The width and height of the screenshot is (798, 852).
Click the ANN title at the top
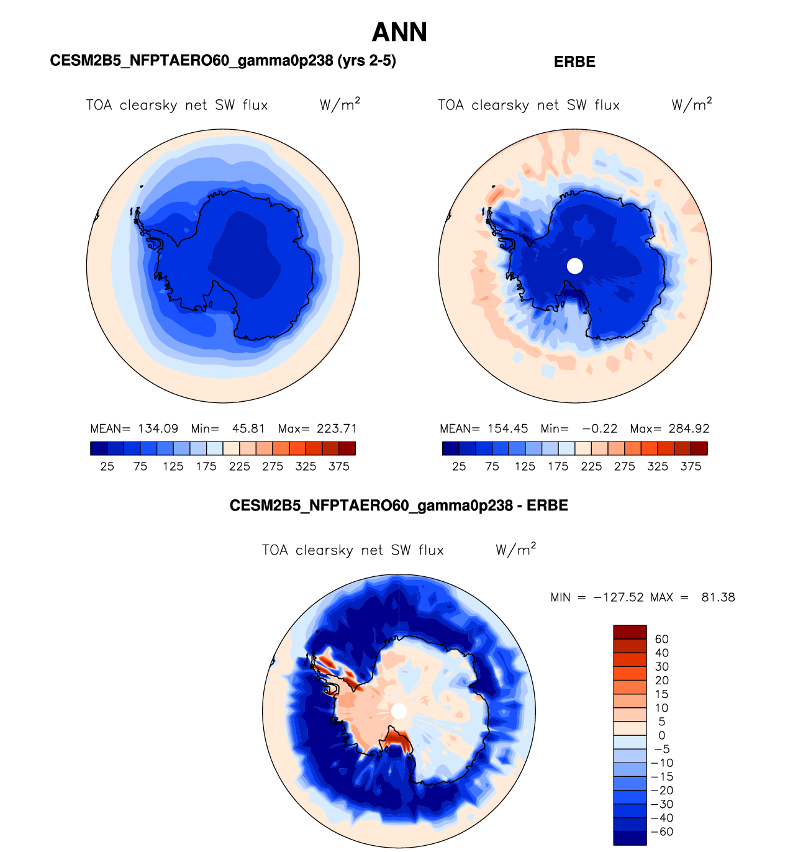(x=399, y=32)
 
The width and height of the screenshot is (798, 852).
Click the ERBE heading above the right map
(x=574, y=62)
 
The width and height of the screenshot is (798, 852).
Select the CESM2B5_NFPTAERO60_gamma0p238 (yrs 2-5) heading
(x=223, y=61)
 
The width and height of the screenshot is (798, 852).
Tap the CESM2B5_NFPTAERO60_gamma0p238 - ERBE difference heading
(x=399, y=505)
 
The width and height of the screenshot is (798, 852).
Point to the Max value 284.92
(x=689, y=428)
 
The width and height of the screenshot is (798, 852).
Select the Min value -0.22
(x=600, y=428)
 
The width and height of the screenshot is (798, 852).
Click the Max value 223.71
(x=337, y=428)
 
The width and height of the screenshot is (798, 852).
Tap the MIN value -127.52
(x=619, y=597)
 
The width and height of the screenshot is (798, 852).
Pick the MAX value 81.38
(x=719, y=597)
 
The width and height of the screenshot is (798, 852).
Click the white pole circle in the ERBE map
(x=575, y=266)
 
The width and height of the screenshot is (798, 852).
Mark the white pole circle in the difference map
(x=399, y=711)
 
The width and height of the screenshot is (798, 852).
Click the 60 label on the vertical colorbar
(x=661, y=639)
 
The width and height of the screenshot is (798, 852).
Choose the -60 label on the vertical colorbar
(x=662, y=832)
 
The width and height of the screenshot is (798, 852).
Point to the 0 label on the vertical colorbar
(x=661, y=735)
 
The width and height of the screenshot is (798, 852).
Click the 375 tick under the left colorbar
(x=339, y=466)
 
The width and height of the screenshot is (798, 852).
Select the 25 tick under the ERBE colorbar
(x=459, y=466)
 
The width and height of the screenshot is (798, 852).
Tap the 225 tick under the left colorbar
(x=240, y=466)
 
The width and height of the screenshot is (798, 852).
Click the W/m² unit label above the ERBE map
(x=691, y=104)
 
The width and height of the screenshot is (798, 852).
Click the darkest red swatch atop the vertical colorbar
(x=630, y=632)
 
